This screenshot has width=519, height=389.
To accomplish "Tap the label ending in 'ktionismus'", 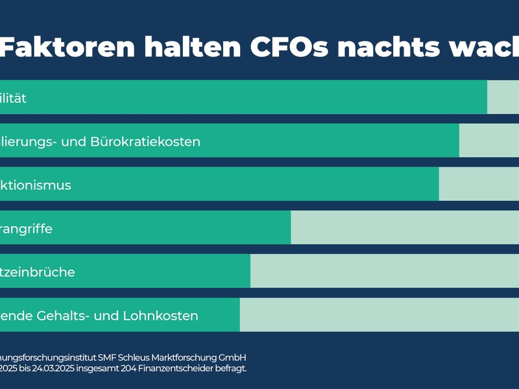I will click(36, 185).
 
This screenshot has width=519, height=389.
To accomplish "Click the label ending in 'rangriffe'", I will click(26, 229).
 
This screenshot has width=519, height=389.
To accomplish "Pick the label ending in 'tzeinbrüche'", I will click(38, 272).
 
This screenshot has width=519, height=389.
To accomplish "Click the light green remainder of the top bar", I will click(503, 97).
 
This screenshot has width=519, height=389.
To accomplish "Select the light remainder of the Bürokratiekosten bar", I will click(489, 141).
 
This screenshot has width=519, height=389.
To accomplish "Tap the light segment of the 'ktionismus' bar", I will click(479, 184).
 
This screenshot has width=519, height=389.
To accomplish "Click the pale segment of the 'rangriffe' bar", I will click(405, 228).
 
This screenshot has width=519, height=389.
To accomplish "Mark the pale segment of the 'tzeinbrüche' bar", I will click(385, 271).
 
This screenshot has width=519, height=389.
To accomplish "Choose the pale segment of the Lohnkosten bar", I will click(380, 314).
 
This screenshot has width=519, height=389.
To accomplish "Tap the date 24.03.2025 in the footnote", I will click(51, 368).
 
